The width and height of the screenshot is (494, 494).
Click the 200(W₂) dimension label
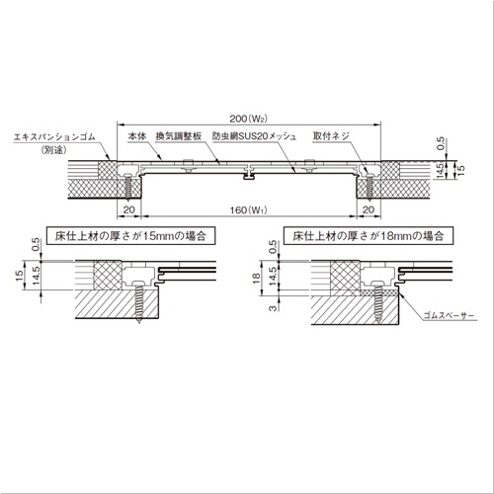coord(248,119)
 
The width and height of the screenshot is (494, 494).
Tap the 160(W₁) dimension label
coord(248,209)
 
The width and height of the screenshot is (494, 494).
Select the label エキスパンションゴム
coord(54,136)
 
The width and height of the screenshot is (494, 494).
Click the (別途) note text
coord(54,150)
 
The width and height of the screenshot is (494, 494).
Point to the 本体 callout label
coord(137,136)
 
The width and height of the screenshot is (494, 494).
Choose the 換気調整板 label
coord(179,136)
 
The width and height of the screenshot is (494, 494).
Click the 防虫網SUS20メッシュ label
coord(254,136)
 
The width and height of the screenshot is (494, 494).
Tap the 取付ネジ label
coord(331,136)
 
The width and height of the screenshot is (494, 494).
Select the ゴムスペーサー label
coord(449,315)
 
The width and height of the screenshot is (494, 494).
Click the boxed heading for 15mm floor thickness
coord(130,236)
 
